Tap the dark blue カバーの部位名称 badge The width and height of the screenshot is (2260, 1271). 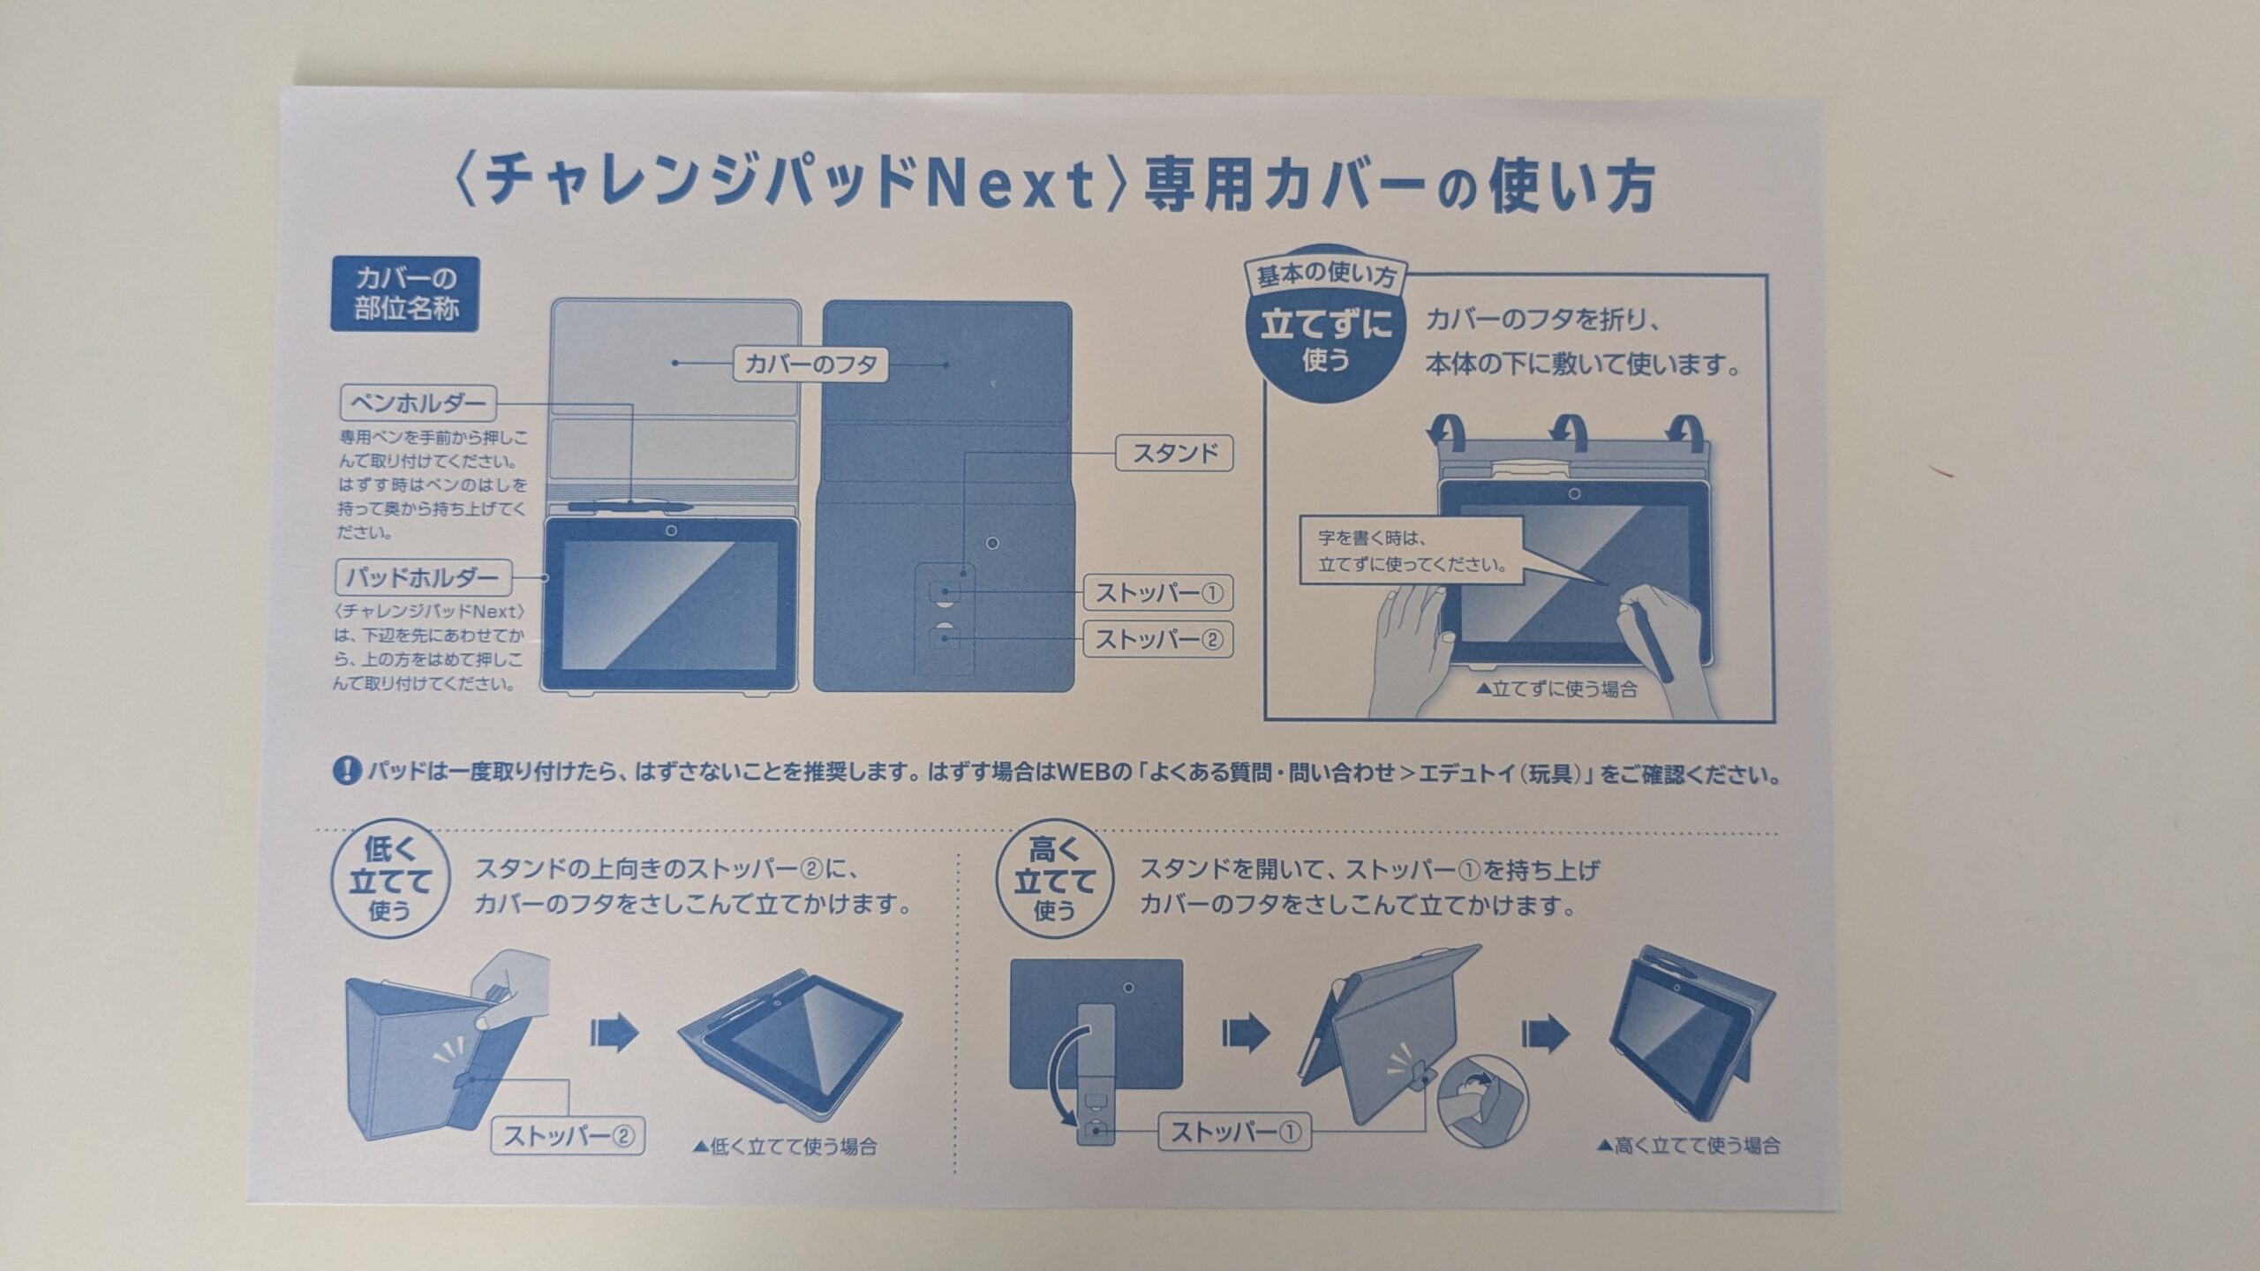406,295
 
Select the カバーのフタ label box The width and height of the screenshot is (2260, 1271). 810,364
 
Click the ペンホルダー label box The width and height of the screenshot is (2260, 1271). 418,404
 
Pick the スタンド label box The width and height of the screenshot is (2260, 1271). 1175,454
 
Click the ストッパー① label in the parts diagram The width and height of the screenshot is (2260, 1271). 1158,593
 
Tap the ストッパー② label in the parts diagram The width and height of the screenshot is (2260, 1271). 1158,639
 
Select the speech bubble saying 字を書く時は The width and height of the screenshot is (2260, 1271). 1411,551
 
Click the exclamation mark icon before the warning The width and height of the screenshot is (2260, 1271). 344,774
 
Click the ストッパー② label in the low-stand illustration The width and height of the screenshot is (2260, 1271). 568,1136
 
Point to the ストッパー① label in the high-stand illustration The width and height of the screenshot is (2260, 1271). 1234,1132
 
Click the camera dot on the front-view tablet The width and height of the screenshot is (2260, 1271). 672,531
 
